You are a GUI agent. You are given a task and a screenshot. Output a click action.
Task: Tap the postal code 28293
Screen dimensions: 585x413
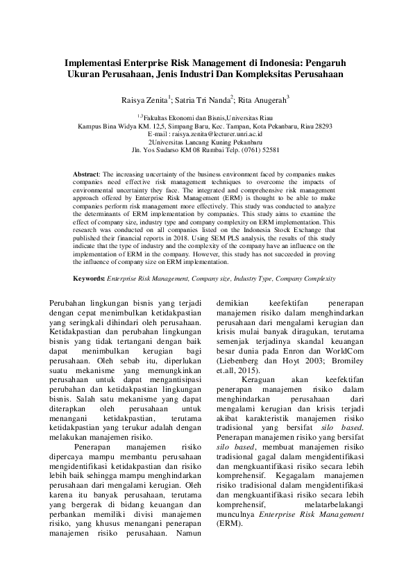click(323, 126)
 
